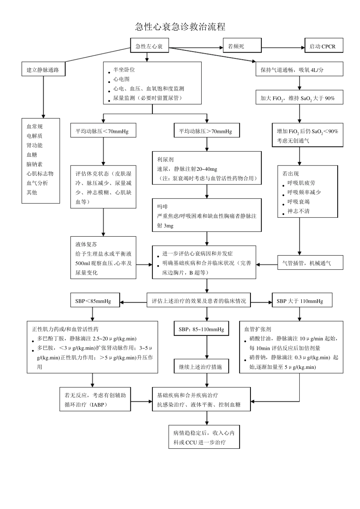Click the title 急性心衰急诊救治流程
click(180, 27)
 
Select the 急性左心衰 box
click(149, 46)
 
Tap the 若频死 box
click(242, 46)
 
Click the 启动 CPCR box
click(324, 46)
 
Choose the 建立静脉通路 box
click(43, 70)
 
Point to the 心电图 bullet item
click(121, 79)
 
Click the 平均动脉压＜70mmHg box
click(103, 131)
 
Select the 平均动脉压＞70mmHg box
click(206, 131)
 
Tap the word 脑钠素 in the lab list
click(34, 164)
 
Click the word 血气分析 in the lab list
click(37, 183)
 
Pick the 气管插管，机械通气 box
click(310, 263)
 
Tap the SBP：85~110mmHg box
click(201, 329)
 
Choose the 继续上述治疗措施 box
click(201, 367)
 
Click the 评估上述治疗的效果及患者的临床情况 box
click(199, 301)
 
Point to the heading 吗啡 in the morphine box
click(163, 206)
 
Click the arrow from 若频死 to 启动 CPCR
click(283, 48)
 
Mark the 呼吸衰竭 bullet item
click(298, 201)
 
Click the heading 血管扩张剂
click(258, 329)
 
